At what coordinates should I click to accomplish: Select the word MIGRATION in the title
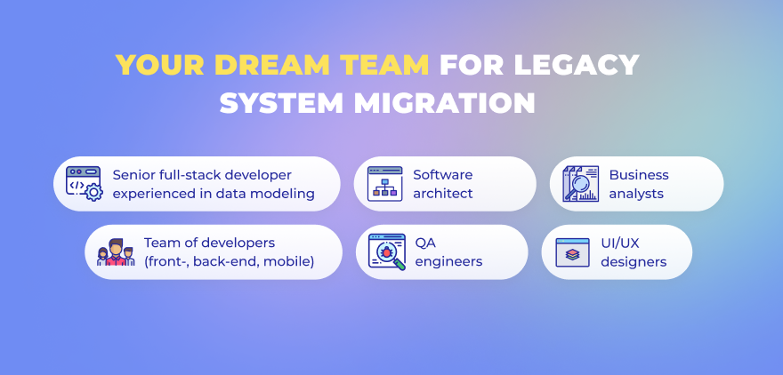tap(444, 103)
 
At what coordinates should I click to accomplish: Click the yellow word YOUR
tap(160, 64)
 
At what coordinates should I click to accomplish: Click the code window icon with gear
tap(85, 184)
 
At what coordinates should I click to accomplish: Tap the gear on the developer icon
tap(94, 192)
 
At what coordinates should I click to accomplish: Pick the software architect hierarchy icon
tap(384, 184)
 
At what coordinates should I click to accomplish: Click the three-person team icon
tap(116, 251)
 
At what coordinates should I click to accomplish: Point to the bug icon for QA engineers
tap(386, 251)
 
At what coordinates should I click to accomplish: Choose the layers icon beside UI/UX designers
tap(572, 252)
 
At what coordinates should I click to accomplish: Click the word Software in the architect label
tap(442, 175)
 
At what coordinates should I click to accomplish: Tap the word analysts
tap(636, 194)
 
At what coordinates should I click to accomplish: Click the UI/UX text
tap(619, 243)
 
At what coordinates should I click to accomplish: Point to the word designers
tap(634, 262)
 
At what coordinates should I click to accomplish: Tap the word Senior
tap(132, 175)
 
